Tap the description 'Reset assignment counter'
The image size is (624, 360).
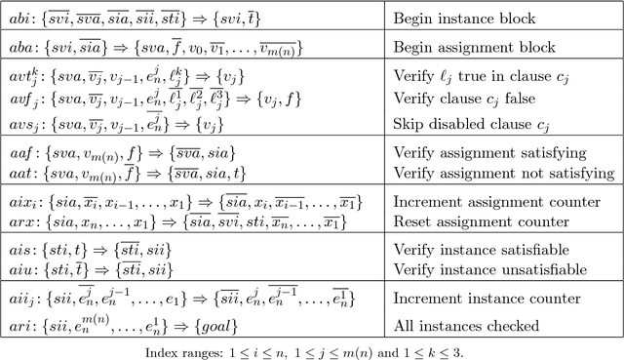tap(472, 220)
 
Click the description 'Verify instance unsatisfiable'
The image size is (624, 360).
tap(477, 268)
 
